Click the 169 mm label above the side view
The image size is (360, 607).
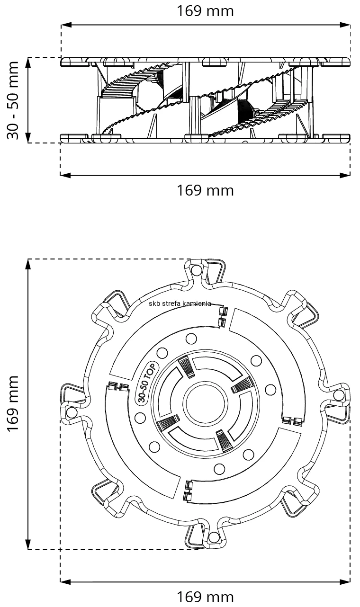(x=205, y=11)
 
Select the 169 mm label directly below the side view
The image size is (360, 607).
(x=205, y=190)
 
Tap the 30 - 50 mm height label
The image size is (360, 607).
(x=13, y=100)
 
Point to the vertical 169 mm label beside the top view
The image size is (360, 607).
(x=13, y=403)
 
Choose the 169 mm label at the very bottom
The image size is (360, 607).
(x=205, y=597)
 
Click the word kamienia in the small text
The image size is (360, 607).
(x=198, y=303)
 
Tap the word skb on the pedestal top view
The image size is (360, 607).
(x=154, y=303)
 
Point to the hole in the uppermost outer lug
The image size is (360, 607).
(x=197, y=269)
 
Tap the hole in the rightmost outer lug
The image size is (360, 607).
(x=339, y=395)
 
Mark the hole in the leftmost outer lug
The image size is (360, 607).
(x=72, y=412)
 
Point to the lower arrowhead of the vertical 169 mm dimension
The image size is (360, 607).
(x=28, y=545)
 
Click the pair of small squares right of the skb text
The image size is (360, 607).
(x=223, y=316)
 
